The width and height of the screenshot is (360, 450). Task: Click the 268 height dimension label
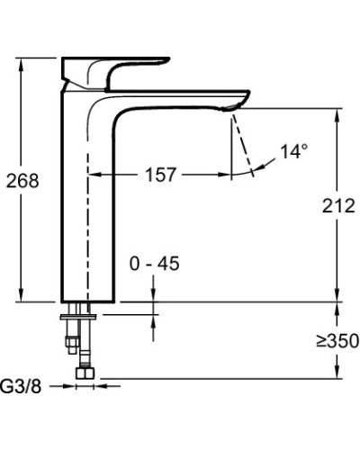[22, 181]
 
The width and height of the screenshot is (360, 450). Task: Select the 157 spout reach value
[160, 175]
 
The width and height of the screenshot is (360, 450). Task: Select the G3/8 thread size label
[22, 386]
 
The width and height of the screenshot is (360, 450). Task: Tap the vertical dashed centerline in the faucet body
[87, 225]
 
